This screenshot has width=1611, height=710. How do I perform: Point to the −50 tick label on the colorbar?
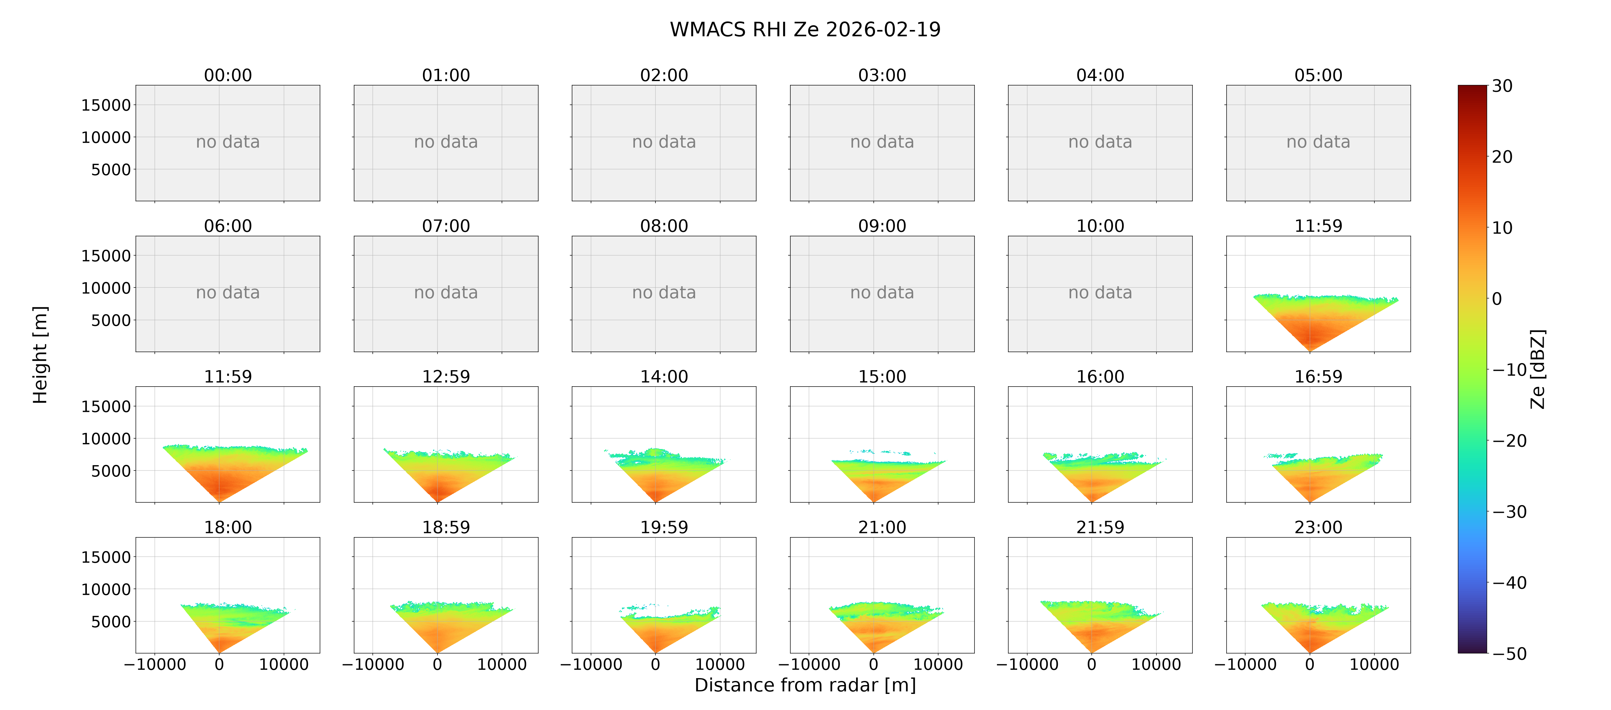tap(1510, 654)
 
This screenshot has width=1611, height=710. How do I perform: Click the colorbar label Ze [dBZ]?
tap(1538, 369)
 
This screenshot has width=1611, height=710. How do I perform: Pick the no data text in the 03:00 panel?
tap(882, 142)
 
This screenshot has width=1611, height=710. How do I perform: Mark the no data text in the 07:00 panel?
tap(446, 293)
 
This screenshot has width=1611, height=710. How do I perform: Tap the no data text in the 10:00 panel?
tap(1100, 293)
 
